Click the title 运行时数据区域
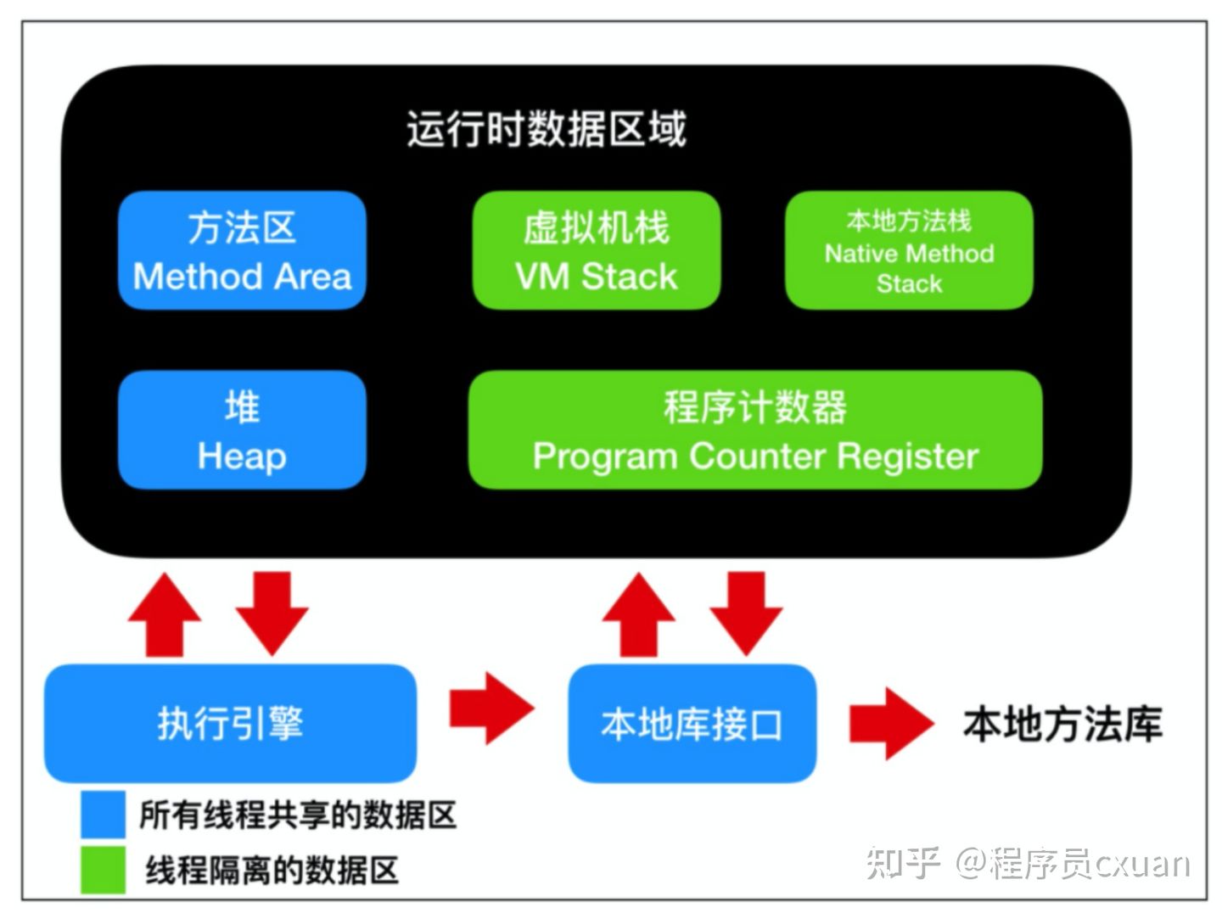point(546,130)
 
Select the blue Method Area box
point(242,250)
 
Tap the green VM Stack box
point(596,250)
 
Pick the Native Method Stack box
point(909,250)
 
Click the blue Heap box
point(242,430)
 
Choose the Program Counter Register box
point(754,430)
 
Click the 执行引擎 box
point(230,723)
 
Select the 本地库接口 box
point(692,723)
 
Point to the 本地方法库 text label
point(1062,724)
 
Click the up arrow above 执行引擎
point(164,614)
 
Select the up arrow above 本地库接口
point(638,614)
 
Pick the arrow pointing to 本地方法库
point(890,724)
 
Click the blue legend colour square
point(103,814)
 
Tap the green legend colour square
point(103,870)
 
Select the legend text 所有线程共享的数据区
point(298,815)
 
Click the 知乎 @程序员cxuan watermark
point(1028,864)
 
